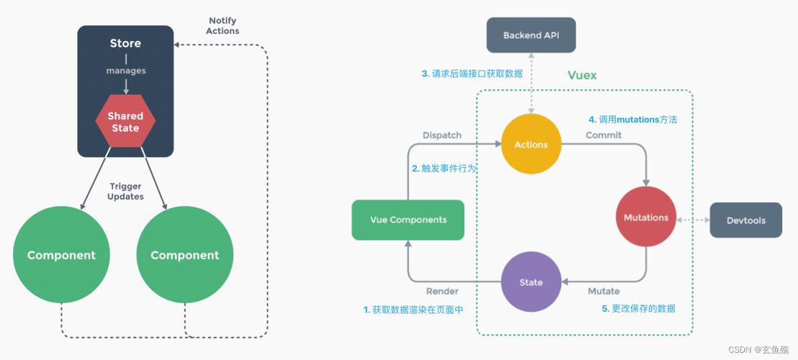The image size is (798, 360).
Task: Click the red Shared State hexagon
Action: click(x=125, y=121)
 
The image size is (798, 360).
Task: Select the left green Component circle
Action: click(x=61, y=256)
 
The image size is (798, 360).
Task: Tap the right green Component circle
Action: click(x=184, y=256)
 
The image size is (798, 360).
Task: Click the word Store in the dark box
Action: click(x=125, y=43)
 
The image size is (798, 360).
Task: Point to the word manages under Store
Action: click(x=125, y=71)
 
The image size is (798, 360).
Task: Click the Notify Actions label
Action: click(x=223, y=26)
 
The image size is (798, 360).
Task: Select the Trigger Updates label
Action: click(x=125, y=192)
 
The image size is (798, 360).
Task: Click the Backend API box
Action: click(x=532, y=35)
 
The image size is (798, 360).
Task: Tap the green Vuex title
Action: click(x=582, y=76)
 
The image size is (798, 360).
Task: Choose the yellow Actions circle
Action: click(x=531, y=145)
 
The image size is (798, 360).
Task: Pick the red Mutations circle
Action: click(x=645, y=217)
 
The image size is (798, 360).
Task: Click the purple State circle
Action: click(x=531, y=282)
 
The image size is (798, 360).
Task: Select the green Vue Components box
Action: click(x=408, y=220)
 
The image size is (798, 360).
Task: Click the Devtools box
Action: click(x=745, y=220)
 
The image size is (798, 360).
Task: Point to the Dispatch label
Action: click(x=441, y=135)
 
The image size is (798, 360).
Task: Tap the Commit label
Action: click(x=604, y=135)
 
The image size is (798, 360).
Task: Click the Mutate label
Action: click(x=604, y=291)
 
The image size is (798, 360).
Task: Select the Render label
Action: click(x=442, y=291)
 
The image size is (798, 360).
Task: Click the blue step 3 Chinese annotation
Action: click(x=472, y=73)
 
